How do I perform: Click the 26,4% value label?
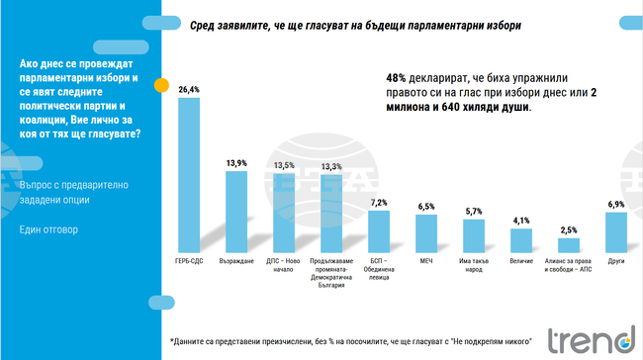click(189, 89)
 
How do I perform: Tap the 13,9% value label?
click(235, 161)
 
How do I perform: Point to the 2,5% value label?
click(568, 229)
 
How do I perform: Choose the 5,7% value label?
click(474, 212)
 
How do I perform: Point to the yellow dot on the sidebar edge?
click(159, 86)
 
